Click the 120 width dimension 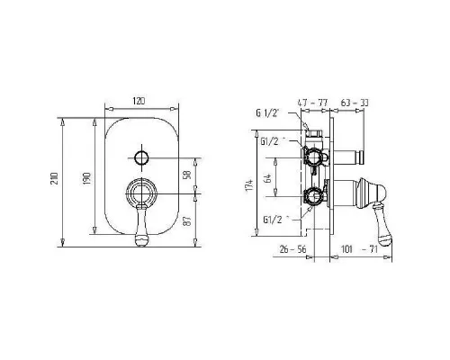139,101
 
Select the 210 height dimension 54,178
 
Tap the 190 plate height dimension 86,178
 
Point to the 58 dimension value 187,175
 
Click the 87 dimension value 187,221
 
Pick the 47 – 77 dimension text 312,103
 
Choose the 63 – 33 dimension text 355,103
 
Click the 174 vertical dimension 249,184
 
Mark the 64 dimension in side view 268,178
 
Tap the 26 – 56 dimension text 292,249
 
